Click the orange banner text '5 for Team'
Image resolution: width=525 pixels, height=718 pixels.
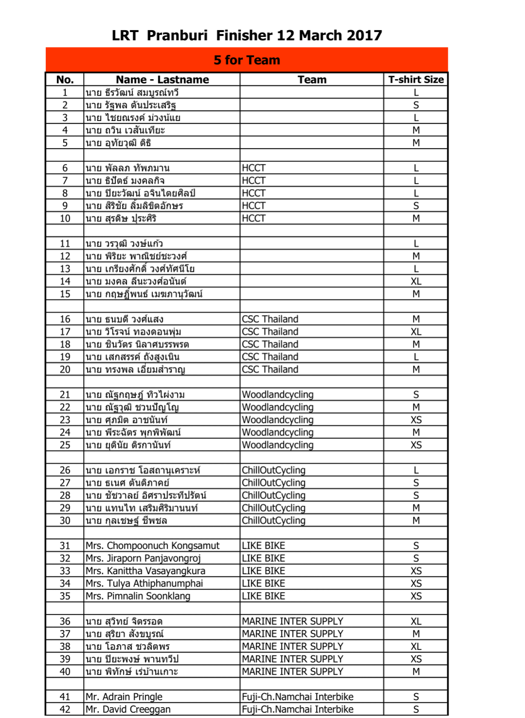246,60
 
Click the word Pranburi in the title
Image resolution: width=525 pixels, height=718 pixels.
177,35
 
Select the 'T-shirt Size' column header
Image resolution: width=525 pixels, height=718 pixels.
416,80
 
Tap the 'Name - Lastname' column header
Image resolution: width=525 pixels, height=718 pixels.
162,80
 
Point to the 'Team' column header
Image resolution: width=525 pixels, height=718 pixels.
312,80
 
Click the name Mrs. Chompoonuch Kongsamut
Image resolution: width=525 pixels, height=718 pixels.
152,546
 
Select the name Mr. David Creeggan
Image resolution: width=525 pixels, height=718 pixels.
128,709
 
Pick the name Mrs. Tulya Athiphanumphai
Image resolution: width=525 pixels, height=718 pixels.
144,584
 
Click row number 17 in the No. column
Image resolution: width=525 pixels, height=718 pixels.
65,332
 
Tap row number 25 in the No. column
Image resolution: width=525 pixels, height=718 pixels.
65,445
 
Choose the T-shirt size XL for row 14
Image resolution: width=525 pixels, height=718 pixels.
416,282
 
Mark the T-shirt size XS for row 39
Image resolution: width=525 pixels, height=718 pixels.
416,659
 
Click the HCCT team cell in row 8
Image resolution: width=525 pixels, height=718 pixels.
254,193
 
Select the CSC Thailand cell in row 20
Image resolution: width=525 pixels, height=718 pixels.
270,369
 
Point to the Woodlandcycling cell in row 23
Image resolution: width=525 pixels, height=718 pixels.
278,420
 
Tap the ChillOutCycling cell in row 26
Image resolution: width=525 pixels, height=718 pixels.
274,470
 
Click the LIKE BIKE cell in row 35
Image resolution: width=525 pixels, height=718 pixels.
263,596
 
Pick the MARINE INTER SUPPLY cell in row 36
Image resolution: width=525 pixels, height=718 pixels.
292,621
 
